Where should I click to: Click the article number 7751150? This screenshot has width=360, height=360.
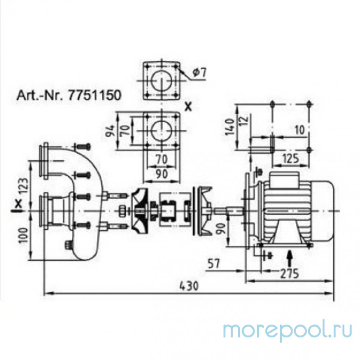pyautogui.click(x=94, y=95)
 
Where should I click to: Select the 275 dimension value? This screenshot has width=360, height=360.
pyautogui.click(x=289, y=274)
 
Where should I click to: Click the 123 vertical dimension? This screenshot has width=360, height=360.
pyautogui.click(x=25, y=186)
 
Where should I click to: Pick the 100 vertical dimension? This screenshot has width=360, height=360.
pyautogui.click(x=25, y=235)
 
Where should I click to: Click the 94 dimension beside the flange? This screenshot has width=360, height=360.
pyautogui.click(x=111, y=131)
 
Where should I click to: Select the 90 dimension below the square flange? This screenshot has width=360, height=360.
pyautogui.click(x=162, y=174)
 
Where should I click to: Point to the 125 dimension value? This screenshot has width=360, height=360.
pyautogui.click(x=290, y=158)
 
